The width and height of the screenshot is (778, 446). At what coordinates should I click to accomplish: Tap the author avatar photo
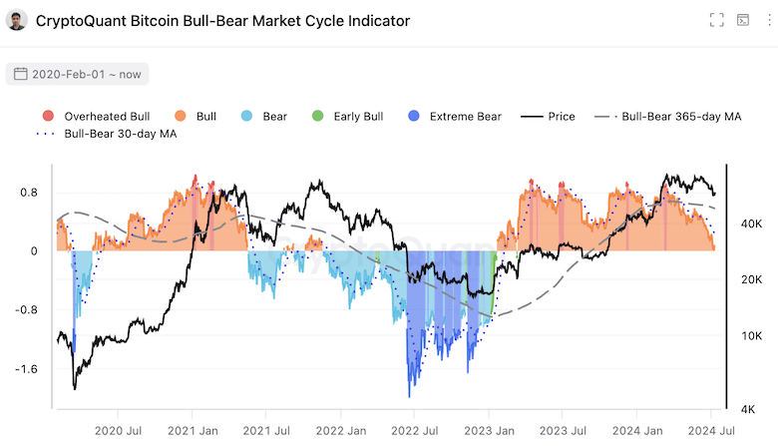point(17,20)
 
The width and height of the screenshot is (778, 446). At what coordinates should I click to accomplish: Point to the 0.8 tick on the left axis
point(29,193)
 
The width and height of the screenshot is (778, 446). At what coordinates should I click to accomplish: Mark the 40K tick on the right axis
point(751,225)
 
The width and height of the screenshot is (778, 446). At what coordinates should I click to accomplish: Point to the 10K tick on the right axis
point(751,336)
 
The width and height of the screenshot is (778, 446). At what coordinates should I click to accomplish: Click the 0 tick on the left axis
point(34,251)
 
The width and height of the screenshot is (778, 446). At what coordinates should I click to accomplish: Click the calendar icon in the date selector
point(20,74)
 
